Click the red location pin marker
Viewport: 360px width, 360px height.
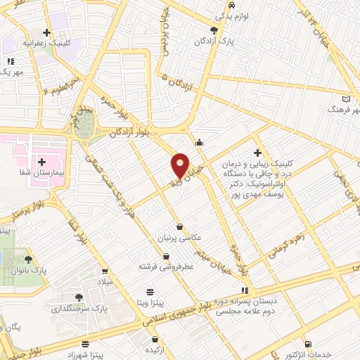pyautogui.click(x=180, y=165)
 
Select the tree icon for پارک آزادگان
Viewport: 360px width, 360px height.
pyautogui.click(x=214, y=30)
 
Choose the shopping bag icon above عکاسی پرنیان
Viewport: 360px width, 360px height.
pyautogui.click(x=182, y=226)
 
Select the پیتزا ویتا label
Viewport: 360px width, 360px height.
pyautogui.click(x=152, y=302)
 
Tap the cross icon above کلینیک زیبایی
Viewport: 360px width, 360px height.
pyautogui.click(x=258, y=153)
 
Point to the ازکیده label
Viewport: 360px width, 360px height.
pyautogui.click(x=155, y=349)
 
